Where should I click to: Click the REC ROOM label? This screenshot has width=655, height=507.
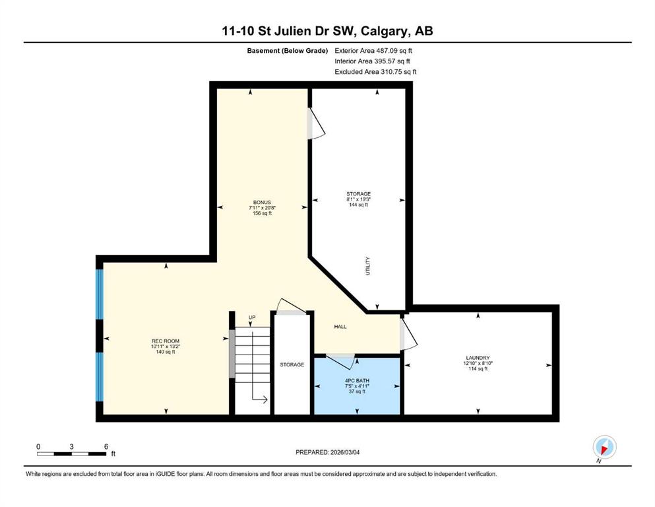(166, 341)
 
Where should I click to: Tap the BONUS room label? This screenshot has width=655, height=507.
(262, 202)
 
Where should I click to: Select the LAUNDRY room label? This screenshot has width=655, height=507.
(478, 358)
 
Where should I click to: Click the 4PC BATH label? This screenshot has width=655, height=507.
(357, 381)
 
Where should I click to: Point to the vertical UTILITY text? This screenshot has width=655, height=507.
(368, 266)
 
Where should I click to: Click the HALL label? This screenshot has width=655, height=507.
(340, 326)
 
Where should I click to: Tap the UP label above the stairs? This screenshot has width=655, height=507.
(252, 318)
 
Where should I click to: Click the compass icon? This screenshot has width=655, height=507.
(604, 447)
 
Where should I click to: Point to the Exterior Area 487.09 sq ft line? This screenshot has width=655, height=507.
(373, 51)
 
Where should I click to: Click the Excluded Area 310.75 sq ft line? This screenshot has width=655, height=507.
(375, 71)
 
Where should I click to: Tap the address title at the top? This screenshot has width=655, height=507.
(327, 31)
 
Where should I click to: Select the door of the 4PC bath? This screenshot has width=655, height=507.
(340, 360)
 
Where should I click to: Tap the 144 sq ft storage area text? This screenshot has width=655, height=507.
(358, 205)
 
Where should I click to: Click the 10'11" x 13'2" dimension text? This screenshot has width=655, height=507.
(166, 346)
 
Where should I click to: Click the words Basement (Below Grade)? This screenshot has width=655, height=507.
(288, 51)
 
